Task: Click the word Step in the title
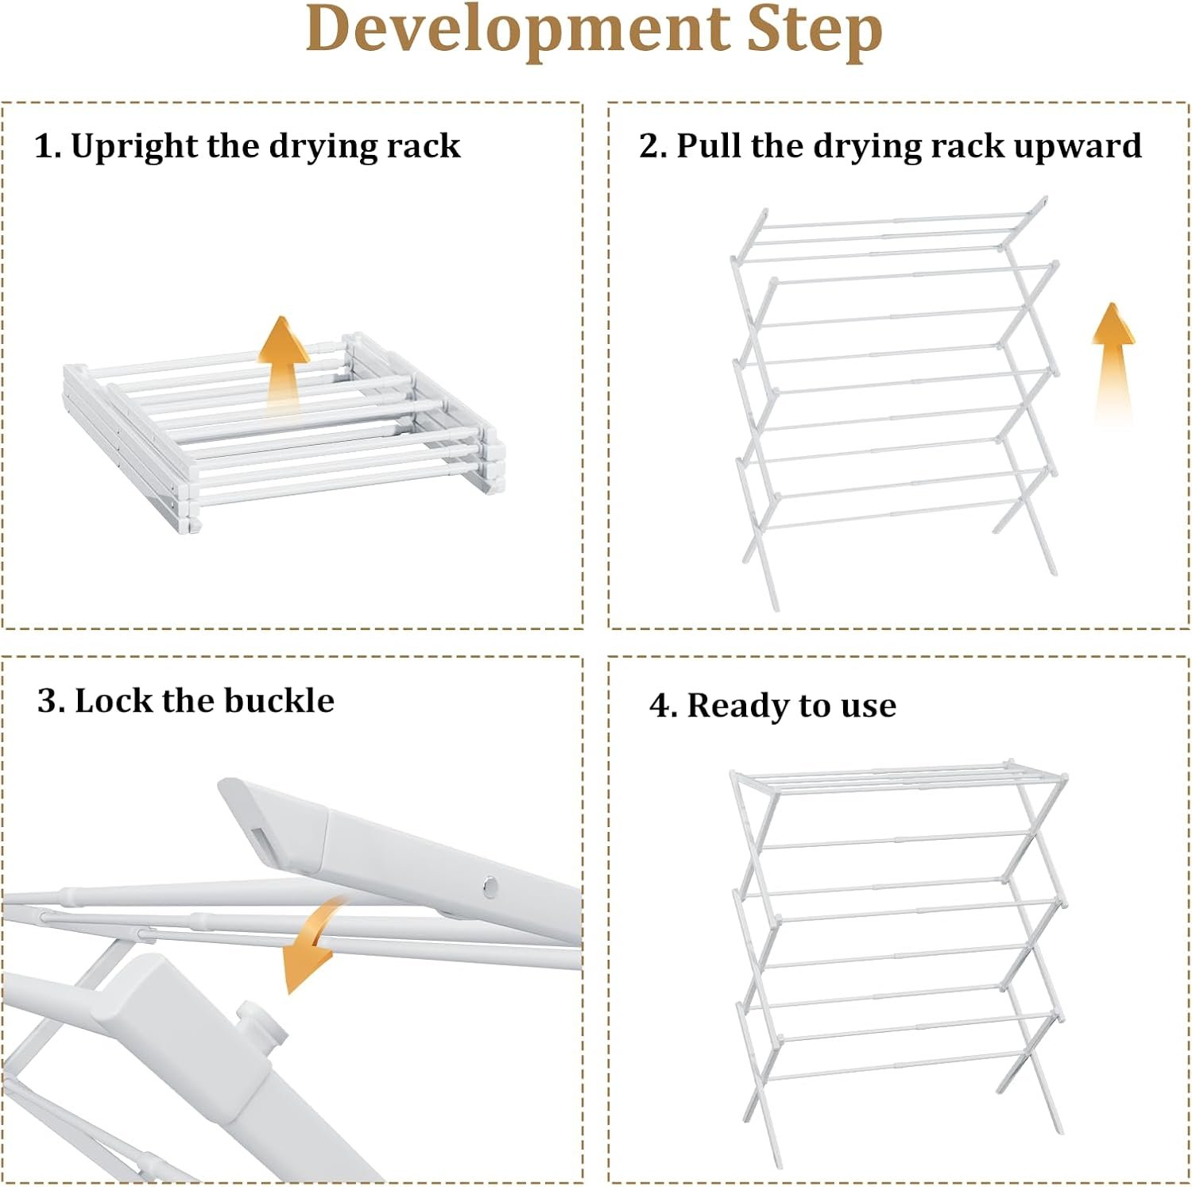[x=815, y=30]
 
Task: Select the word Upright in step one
[x=135, y=147]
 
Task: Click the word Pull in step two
[x=709, y=146]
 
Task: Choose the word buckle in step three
[x=279, y=701]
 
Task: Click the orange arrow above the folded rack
[x=285, y=362]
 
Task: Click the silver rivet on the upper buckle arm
[x=490, y=884]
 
